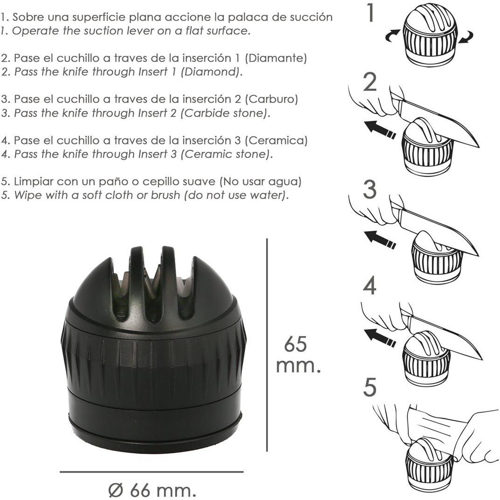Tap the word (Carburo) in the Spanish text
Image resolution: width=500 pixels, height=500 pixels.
(271, 99)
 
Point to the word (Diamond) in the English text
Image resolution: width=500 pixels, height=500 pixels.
(210, 72)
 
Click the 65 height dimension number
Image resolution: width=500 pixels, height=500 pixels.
(295, 344)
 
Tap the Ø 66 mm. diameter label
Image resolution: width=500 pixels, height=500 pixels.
(152, 490)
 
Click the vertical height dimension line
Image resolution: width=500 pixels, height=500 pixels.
(267, 345)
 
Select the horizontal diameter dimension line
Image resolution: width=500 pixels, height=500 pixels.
(151, 472)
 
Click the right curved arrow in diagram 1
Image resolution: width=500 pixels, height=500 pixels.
(466, 37)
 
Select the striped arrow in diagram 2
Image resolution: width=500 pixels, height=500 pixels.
(380, 130)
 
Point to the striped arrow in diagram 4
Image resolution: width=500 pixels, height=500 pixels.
(380, 338)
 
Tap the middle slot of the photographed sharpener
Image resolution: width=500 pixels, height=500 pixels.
(152, 287)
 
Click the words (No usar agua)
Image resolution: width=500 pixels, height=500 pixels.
(260, 181)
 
